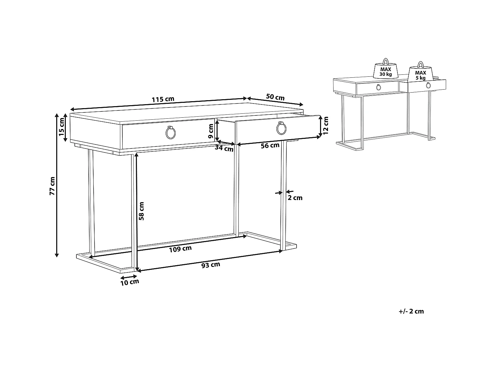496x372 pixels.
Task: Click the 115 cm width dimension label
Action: click(x=163, y=99)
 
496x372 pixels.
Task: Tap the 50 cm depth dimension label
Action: click(x=275, y=97)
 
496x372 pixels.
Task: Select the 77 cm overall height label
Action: click(x=52, y=186)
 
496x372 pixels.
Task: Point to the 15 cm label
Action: click(x=62, y=127)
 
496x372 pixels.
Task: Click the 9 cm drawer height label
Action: click(x=211, y=131)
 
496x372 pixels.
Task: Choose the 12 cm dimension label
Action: click(x=325, y=126)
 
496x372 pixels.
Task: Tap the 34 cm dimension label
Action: click(x=224, y=148)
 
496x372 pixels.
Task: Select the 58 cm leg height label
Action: click(x=141, y=211)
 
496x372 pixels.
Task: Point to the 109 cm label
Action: click(x=180, y=249)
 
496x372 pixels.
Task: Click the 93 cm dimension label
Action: click(x=211, y=265)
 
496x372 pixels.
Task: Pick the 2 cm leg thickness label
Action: click(x=295, y=198)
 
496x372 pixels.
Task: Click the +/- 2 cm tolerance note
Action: click(x=411, y=311)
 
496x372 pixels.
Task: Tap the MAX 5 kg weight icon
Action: click(x=420, y=71)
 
